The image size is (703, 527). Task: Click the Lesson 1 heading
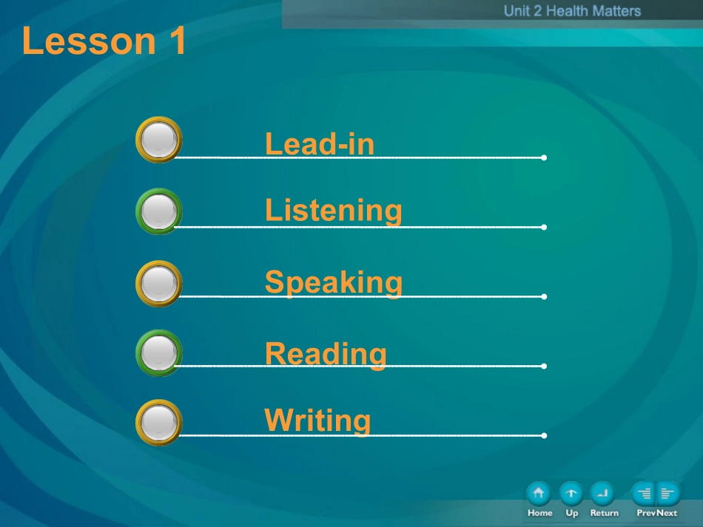coord(104,41)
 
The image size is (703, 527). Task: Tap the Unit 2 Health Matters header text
coord(572,11)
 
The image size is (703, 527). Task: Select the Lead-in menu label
coord(320,143)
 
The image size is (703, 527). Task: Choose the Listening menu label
coord(334,211)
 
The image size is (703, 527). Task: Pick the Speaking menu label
coord(334,283)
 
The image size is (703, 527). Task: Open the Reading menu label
coord(326,354)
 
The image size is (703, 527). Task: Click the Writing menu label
coord(318,421)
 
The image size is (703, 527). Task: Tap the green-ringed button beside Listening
coord(158,211)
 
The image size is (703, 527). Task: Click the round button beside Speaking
coord(158,283)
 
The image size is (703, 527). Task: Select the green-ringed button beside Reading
coord(158,353)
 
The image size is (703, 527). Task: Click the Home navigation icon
coord(539,494)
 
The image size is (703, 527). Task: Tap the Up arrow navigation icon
coord(571,494)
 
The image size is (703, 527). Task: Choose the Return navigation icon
coord(602,494)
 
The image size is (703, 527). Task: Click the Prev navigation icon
coord(643,494)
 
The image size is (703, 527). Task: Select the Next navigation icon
coord(668,494)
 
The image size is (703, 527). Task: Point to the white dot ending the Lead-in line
coord(544,157)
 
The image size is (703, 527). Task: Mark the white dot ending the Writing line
coord(544,435)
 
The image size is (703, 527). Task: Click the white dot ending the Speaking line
coord(544,296)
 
